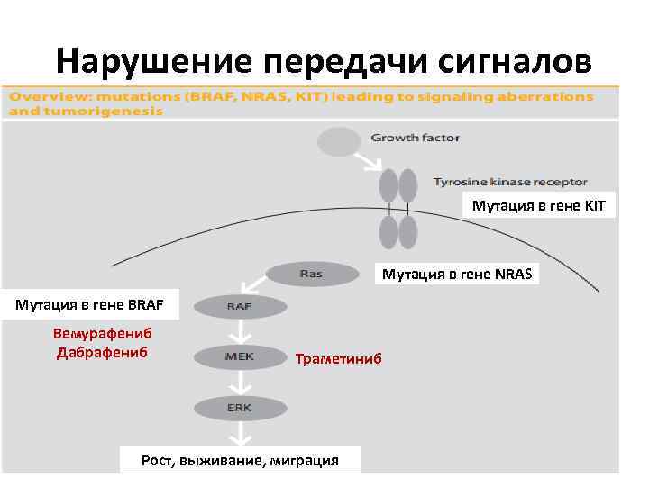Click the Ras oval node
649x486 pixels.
click(311, 274)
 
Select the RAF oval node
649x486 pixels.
click(240, 307)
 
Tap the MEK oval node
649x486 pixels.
click(240, 357)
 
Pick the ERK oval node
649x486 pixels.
click(240, 408)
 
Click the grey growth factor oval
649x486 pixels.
click(338, 140)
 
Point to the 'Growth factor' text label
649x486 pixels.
click(415, 139)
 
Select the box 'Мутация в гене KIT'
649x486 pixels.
click(539, 206)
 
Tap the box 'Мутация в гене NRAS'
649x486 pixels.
click(457, 273)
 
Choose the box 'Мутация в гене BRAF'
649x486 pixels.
click(89, 303)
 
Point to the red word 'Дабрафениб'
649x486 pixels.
click(102, 351)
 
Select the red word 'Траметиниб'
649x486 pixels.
click(338, 359)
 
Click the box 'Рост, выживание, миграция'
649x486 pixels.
click(240, 460)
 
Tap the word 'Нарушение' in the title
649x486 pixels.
click(153, 60)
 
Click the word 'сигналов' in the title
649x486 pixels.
click(516, 60)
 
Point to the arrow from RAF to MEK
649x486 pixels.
click(240, 331)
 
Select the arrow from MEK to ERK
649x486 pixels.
click(240, 382)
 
